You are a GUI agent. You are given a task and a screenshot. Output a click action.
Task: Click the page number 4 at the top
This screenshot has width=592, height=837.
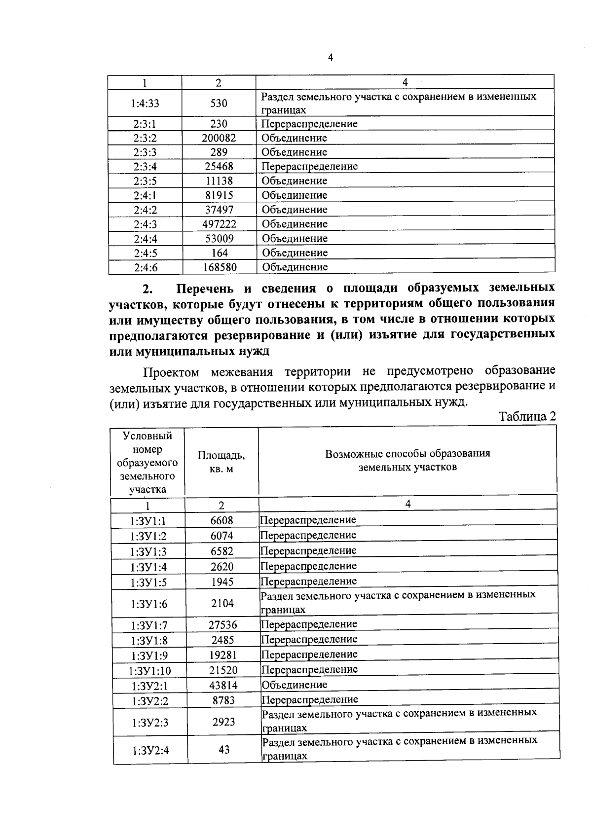[x=331, y=58]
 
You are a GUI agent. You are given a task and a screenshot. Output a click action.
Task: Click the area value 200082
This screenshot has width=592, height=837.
[x=219, y=138]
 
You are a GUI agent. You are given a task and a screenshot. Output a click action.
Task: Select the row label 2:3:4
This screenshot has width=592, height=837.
[x=145, y=167]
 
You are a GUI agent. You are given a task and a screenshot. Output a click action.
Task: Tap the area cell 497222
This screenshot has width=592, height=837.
[x=219, y=224]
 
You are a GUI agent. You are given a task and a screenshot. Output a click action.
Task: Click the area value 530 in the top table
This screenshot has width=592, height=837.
[x=219, y=103]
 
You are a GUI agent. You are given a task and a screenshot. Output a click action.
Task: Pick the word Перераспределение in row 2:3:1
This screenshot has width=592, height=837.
[x=309, y=124]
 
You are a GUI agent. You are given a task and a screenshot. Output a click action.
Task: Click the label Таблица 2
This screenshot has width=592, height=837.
[x=527, y=416]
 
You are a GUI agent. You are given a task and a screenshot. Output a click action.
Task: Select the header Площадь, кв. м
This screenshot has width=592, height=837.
[x=221, y=462]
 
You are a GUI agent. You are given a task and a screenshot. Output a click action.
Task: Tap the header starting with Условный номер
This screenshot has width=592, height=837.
[x=148, y=462]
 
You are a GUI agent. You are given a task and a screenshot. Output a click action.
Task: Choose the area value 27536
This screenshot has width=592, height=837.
[x=222, y=625]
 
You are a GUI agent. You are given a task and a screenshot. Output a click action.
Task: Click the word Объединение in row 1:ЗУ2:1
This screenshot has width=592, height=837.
[x=295, y=685]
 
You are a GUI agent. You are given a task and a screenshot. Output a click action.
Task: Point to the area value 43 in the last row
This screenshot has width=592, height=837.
[x=224, y=750]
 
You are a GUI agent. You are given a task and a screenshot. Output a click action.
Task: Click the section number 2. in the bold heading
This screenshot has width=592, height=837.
[x=147, y=289]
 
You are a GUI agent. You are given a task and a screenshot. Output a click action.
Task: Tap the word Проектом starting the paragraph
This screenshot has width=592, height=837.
[x=171, y=371]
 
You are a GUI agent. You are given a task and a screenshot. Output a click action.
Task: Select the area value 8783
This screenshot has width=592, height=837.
[x=223, y=700]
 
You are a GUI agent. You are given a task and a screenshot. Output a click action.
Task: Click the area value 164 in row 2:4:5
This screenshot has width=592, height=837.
[x=219, y=253]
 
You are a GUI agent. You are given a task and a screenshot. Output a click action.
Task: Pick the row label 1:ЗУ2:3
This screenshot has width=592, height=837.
[x=150, y=723]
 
